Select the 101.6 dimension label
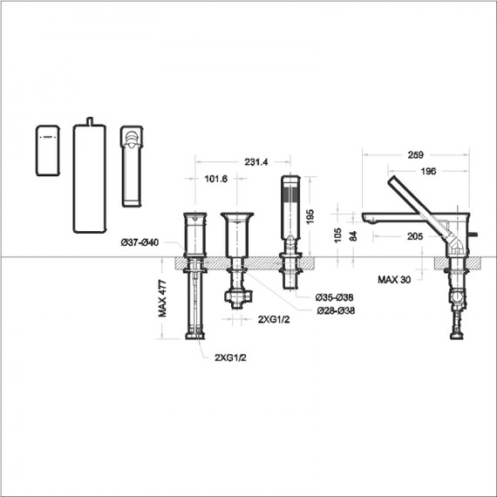[x=215, y=179]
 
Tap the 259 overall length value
[x=416, y=155]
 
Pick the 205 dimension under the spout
[x=416, y=235]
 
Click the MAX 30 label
[x=394, y=280]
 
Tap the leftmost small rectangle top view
[x=47, y=150]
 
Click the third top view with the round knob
[x=132, y=166]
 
